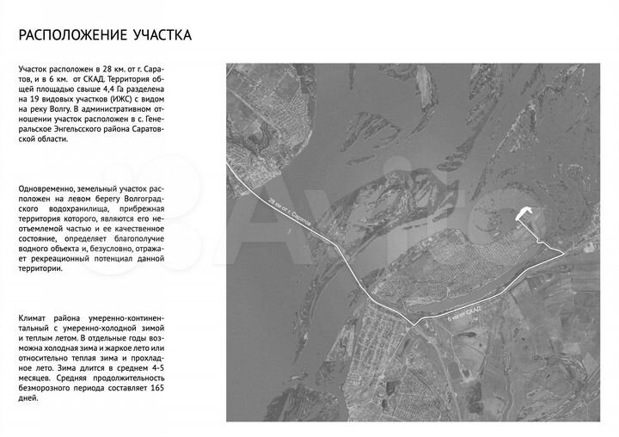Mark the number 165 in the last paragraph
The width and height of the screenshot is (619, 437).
[x=154, y=387]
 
